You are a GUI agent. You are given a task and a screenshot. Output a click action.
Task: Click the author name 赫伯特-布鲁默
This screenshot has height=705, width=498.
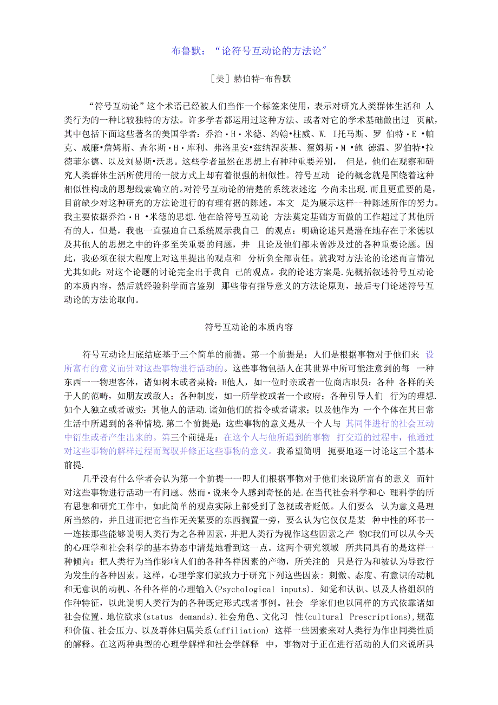coord(262,79)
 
